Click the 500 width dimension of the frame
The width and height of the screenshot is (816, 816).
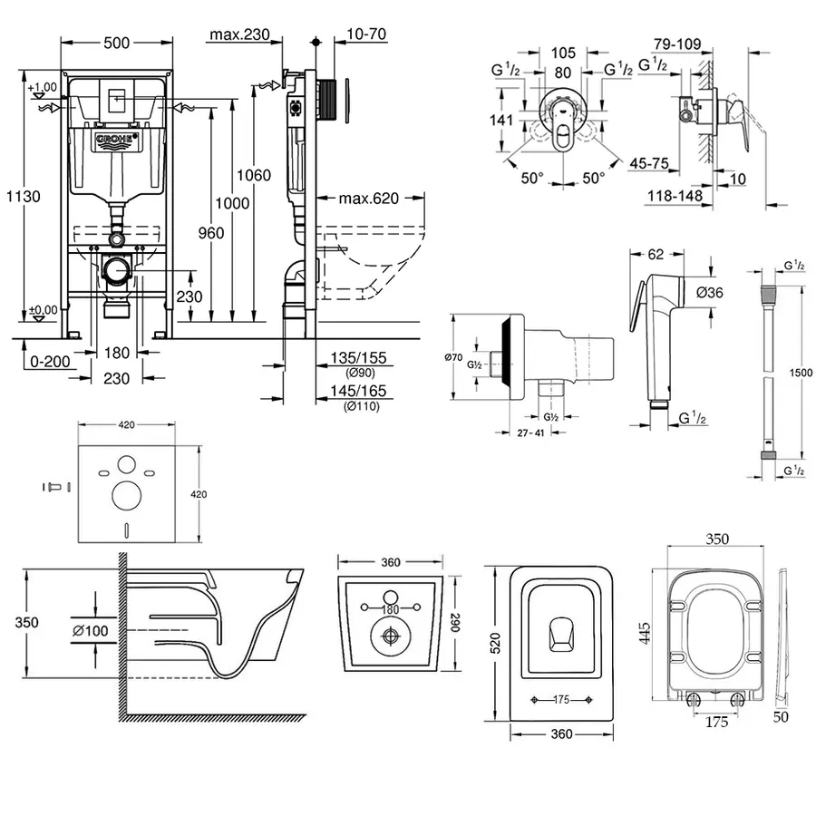tap(116, 43)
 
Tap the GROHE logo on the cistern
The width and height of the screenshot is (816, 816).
tap(115, 140)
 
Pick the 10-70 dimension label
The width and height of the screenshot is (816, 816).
tap(366, 34)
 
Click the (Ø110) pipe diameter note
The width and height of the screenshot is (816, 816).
tap(362, 406)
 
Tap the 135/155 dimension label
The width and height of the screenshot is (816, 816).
tap(362, 358)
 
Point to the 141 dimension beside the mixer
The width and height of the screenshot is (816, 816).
tap(501, 120)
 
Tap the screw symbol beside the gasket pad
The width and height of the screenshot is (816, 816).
tap(53, 487)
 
